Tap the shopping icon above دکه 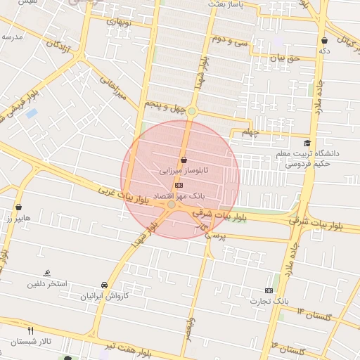tap(324, 41)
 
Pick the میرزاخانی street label tap(113, 88)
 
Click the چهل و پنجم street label tap(163, 103)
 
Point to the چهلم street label tap(250, 131)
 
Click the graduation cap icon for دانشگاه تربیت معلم tap(307, 143)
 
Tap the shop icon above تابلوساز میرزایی tap(183, 160)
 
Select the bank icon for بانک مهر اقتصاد tap(179, 184)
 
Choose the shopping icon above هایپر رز tap(18, 207)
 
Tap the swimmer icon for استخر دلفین tap(47, 273)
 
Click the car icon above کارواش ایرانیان tap(104, 285)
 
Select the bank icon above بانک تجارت tap(269, 290)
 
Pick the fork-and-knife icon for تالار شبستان tap(30, 330)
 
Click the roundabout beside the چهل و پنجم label tap(192, 111)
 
